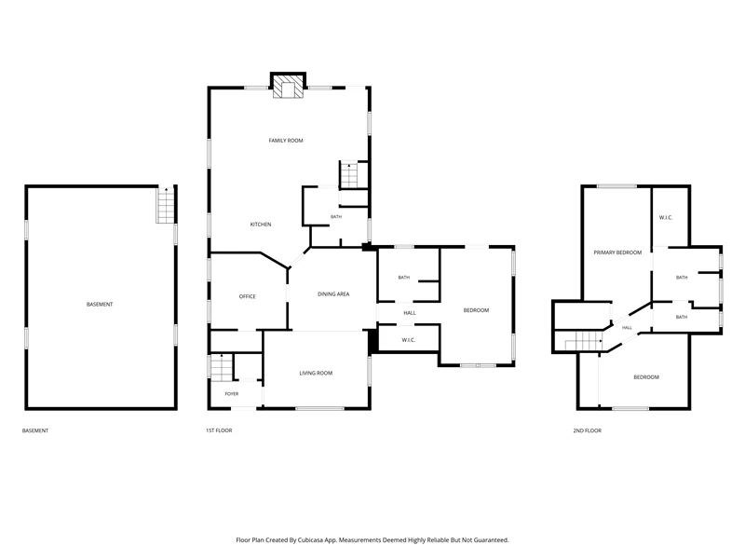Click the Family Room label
(x=286, y=141)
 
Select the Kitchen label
(x=261, y=225)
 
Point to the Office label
(x=247, y=296)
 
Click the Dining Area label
(x=333, y=294)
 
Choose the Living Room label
(x=316, y=374)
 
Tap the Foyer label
(x=232, y=393)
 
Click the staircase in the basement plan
(x=166, y=205)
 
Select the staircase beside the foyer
(x=222, y=367)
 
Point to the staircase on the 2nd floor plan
(x=584, y=341)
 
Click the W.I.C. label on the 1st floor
(x=409, y=340)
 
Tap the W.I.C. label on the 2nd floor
(x=666, y=218)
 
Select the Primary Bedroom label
(x=617, y=252)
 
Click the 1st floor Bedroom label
(x=476, y=310)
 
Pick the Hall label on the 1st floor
(x=410, y=313)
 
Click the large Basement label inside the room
(x=100, y=305)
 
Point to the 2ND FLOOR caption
(x=588, y=430)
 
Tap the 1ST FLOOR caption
(x=219, y=430)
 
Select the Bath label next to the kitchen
(x=336, y=217)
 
